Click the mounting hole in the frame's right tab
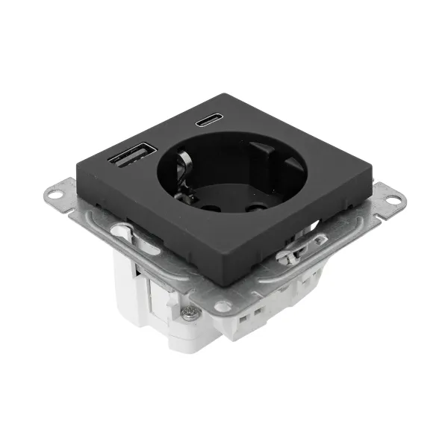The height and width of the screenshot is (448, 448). pyautogui.click(x=391, y=201)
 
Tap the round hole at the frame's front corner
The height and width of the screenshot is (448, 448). pyautogui.click(x=222, y=306)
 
